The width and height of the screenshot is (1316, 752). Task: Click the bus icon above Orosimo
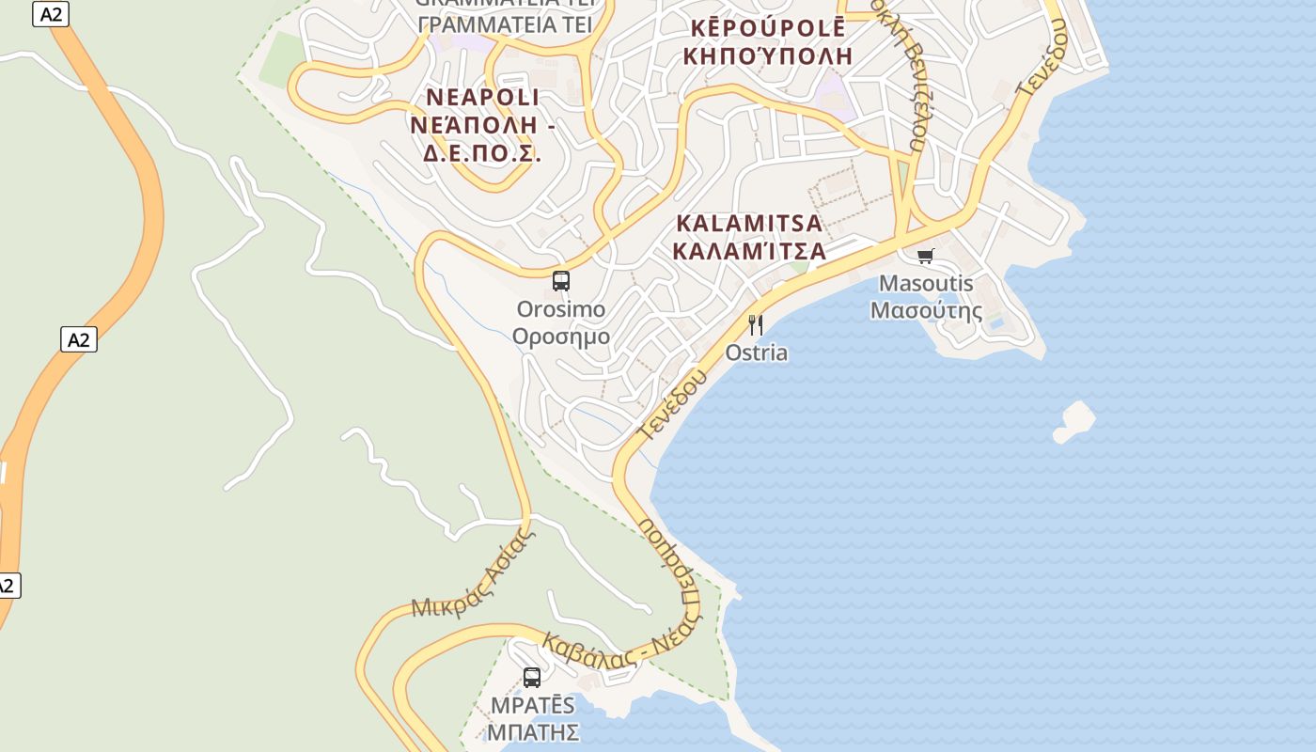point(561,280)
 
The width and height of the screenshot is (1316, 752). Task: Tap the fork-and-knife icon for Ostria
point(755,325)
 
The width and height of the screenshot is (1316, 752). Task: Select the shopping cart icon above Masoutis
point(926,256)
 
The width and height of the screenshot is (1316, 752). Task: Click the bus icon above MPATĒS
point(532,677)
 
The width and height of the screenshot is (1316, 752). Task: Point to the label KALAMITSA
point(749,224)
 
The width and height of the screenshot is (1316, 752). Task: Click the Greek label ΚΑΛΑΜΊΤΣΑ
point(749,251)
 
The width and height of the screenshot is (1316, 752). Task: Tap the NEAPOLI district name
point(483,98)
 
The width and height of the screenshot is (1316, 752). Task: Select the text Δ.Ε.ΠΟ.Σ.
point(481,153)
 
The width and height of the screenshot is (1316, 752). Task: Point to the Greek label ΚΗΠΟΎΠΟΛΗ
point(768,55)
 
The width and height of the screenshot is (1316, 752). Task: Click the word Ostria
point(757,352)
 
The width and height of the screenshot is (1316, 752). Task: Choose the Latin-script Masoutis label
point(926,283)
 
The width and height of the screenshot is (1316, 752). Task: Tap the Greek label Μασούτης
point(926,310)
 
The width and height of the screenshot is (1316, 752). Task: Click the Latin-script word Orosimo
point(561,308)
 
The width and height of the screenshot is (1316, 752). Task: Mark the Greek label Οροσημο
point(561,337)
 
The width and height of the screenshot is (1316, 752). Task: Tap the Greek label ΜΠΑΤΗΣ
point(532,731)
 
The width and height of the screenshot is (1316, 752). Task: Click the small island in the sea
point(1074,420)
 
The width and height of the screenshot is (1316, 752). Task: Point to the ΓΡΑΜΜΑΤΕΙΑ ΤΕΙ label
point(505,25)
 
